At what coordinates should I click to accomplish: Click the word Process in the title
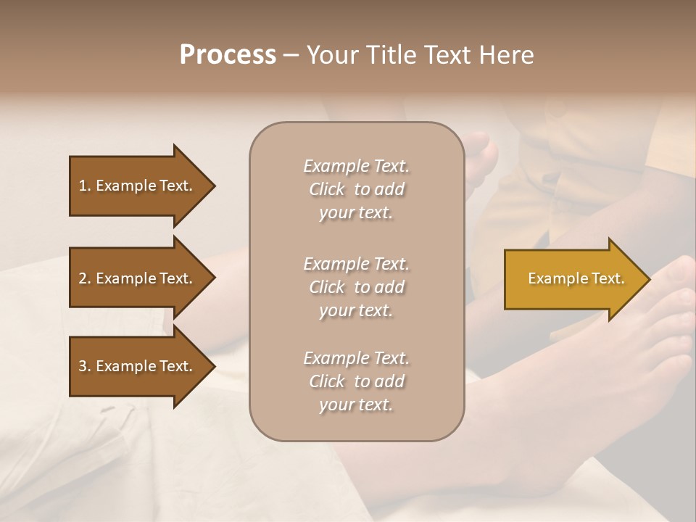tap(228, 55)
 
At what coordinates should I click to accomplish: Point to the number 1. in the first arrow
tap(85, 186)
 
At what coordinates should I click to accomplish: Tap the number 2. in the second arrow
tap(85, 278)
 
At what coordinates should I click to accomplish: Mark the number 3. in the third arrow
tap(85, 366)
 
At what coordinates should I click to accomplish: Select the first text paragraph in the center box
tap(356, 189)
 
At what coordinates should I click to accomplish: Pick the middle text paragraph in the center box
tap(356, 287)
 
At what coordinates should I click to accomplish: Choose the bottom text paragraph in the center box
tap(356, 381)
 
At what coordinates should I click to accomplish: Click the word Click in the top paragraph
tap(327, 190)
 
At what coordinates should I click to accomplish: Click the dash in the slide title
tap(291, 56)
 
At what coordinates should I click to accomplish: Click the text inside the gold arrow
tap(576, 278)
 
